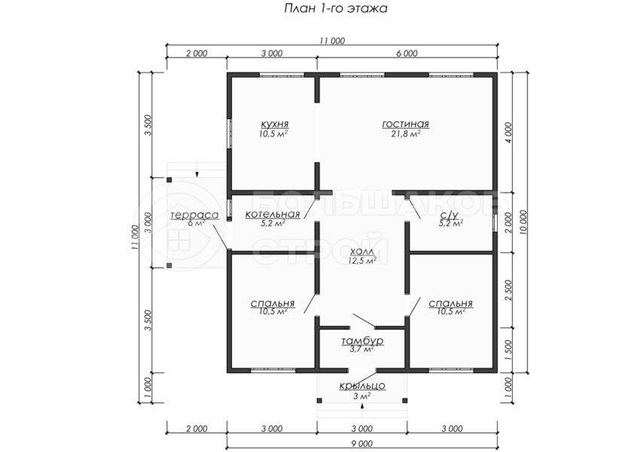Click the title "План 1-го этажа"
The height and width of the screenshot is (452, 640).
pyautogui.click(x=336, y=8)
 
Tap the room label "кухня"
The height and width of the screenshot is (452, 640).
pyautogui.click(x=275, y=124)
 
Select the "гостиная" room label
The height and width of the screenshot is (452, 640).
pyautogui.click(x=405, y=124)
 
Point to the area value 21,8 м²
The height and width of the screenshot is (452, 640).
pyautogui.click(x=405, y=134)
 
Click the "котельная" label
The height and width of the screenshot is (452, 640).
pyautogui.click(x=273, y=215)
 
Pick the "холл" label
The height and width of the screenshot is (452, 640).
pyautogui.click(x=362, y=252)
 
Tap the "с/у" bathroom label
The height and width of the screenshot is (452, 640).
pyautogui.click(x=450, y=215)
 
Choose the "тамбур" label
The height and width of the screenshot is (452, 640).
pyautogui.click(x=362, y=341)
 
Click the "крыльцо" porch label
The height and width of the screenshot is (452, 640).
pyautogui.click(x=362, y=386)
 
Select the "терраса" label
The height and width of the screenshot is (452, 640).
pyautogui.click(x=195, y=215)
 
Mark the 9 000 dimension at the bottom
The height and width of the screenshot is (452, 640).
pyautogui.click(x=362, y=444)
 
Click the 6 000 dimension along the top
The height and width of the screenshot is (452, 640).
pyautogui.click(x=407, y=53)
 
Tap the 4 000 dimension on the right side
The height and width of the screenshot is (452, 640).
pyautogui.click(x=507, y=133)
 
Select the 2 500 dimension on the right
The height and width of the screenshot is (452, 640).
pyautogui.click(x=507, y=290)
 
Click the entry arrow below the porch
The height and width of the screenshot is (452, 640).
pyautogui.click(x=362, y=405)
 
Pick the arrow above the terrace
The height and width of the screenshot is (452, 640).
pyautogui.click(x=197, y=174)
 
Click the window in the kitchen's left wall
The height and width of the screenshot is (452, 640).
pyautogui.click(x=230, y=133)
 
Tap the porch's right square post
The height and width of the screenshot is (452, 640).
pyautogui.click(x=404, y=401)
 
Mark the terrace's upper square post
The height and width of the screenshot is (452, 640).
pyautogui.click(x=169, y=179)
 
